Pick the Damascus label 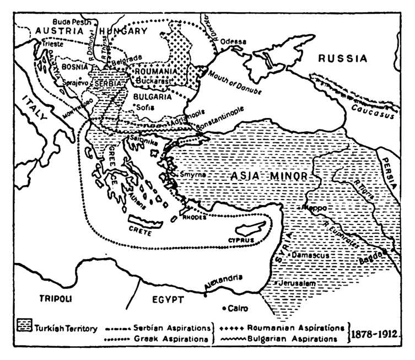tap(310, 256)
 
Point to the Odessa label tap(234, 41)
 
